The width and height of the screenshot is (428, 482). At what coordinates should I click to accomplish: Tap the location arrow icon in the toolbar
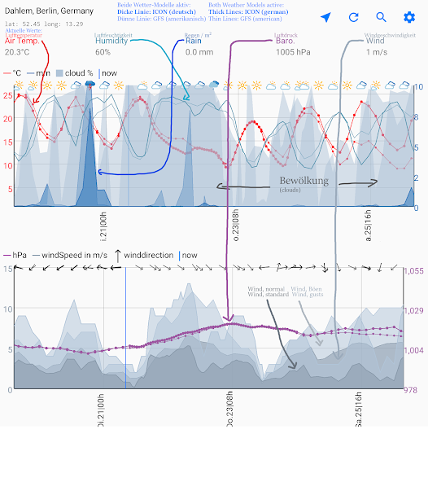[325, 17]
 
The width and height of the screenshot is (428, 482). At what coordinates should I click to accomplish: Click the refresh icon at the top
[354, 17]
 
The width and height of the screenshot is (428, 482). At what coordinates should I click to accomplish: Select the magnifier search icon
[382, 17]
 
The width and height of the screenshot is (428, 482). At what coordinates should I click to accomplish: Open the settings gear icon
[409, 17]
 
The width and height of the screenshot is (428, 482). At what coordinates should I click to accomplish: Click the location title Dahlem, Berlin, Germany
[49, 11]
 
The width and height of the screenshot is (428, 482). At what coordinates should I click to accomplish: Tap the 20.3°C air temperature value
[17, 52]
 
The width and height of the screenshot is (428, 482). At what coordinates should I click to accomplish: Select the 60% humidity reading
[103, 52]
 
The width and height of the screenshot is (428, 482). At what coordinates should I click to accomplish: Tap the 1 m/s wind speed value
[376, 52]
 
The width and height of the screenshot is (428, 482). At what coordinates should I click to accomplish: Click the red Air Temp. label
[22, 41]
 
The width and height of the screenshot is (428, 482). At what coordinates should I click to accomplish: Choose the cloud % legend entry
[74, 73]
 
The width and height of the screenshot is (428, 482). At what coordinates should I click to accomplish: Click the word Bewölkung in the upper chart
[304, 182]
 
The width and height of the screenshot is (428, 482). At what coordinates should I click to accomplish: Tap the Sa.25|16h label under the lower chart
[359, 409]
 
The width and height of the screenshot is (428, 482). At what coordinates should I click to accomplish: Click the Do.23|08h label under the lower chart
[230, 409]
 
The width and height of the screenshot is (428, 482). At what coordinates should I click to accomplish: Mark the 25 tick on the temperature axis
[7, 95]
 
